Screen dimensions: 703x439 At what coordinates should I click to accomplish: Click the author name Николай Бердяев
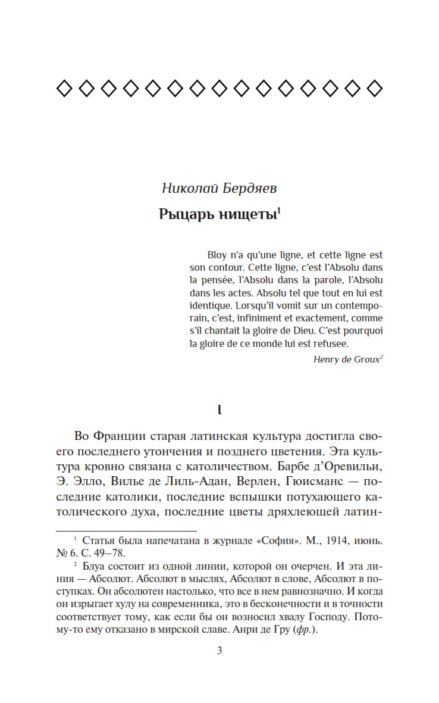(219, 189)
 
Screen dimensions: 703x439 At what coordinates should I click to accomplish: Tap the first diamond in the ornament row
(64, 89)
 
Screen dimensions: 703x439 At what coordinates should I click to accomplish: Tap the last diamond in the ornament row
(374, 89)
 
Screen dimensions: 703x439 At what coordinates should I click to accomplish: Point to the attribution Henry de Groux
(346, 359)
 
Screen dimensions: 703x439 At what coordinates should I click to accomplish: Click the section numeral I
(219, 410)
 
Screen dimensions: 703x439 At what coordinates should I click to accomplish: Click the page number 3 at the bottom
(219, 651)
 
